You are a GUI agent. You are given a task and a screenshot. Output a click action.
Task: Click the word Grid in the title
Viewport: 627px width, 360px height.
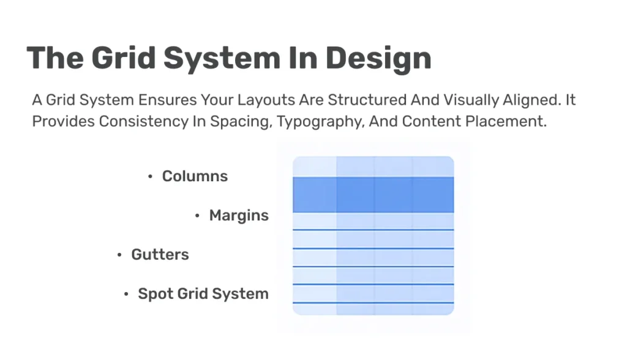pyautogui.click(x=123, y=58)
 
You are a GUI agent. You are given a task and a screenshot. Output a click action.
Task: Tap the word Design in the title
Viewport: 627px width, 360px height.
pyautogui.click(x=378, y=60)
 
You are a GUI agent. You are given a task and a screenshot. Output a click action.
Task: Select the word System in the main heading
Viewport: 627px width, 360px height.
pyautogui.click(x=222, y=60)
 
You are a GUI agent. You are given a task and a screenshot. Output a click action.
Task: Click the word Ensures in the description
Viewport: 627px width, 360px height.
pyautogui.click(x=168, y=100)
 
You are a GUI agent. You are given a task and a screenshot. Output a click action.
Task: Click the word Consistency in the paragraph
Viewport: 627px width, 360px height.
pyautogui.click(x=143, y=122)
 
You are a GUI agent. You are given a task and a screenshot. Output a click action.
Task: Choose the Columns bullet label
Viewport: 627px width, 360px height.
pyautogui.click(x=195, y=176)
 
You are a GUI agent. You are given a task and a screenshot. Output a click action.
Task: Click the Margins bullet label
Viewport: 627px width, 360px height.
pyautogui.click(x=239, y=216)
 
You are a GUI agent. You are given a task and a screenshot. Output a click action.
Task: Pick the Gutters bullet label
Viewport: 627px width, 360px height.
pyautogui.click(x=160, y=255)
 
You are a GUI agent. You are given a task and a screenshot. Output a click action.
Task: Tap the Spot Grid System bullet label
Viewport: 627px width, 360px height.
pyautogui.click(x=203, y=294)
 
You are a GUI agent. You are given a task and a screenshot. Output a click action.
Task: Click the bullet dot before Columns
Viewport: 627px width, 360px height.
pyautogui.click(x=151, y=176)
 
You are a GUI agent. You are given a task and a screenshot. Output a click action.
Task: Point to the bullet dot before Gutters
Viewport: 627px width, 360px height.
pyautogui.click(x=119, y=255)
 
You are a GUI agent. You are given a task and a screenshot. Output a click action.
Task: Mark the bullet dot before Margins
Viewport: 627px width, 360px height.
pyautogui.click(x=197, y=216)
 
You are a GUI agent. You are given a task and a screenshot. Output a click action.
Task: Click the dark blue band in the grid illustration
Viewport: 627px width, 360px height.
pyautogui.click(x=373, y=195)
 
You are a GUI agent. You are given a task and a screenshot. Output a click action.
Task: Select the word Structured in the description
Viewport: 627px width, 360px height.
pyautogui.click(x=367, y=100)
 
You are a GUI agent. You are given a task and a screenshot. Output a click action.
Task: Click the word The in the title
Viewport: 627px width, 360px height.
pyautogui.click(x=55, y=58)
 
